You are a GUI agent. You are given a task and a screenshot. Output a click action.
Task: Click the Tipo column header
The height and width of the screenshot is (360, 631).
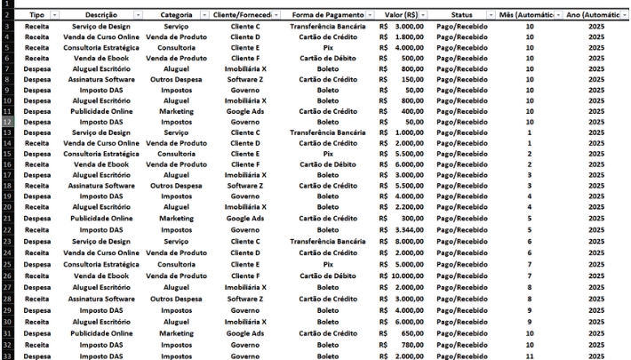(x=36, y=16)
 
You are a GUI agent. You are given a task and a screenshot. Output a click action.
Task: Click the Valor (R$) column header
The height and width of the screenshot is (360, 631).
(x=399, y=16)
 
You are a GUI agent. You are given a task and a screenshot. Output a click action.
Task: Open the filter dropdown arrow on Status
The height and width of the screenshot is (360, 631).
(x=491, y=16)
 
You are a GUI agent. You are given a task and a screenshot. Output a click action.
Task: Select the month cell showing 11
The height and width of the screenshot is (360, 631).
(x=530, y=356)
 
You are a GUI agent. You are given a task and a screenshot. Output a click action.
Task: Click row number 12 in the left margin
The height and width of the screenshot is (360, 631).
(x=8, y=122)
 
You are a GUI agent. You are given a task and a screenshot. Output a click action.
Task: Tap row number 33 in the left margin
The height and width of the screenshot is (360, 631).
(x=8, y=356)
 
